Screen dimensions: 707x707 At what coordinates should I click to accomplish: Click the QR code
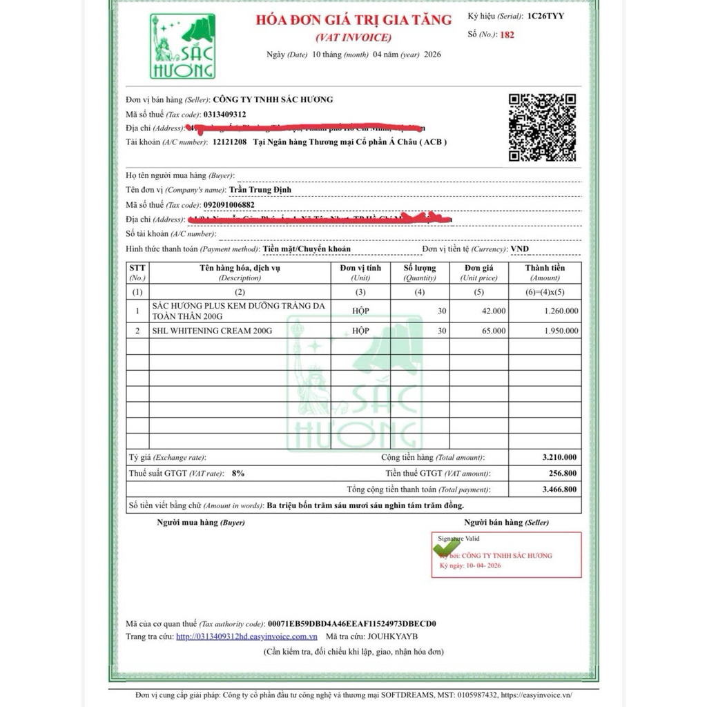pyautogui.click(x=542, y=127)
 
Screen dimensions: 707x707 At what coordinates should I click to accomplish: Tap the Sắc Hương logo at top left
pyautogui.click(x=183, y=46)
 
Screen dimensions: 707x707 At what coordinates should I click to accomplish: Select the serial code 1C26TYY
pyautogui.click(x=545, y=16)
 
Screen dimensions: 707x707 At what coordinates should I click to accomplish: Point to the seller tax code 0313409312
pyautogui.click(x=225, y=114)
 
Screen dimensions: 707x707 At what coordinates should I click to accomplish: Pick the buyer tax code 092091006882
pyautogui.click(x=229, y=205)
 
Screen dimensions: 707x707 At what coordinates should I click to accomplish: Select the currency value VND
pyautogui.click(x=521, y=249)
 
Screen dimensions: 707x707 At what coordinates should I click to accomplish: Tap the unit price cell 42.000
pyautogui.click(x=494, y=311)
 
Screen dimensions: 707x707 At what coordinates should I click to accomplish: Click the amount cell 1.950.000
pyautogui.click(x=561, y=331)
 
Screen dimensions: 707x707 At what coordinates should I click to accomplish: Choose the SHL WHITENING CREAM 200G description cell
pyautogui.click(x=212, y=331)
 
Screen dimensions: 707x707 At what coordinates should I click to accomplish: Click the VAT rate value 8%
pyautogui.click(x=238, y=474)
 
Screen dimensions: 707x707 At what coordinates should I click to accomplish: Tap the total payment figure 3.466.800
pyautogui.click(x=560, y=490)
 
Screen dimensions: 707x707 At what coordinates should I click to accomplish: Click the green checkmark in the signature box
pyautogui.click(x=446, y=546)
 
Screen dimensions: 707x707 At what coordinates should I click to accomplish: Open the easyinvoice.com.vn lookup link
pyautogui.click(x=246, y=637)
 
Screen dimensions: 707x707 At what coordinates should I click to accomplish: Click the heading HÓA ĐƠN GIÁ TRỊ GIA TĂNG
pyautogui.click(x=353, y=20)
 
